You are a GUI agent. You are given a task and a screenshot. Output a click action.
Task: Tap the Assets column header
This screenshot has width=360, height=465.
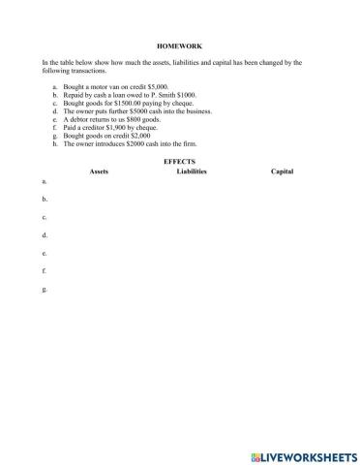pyautogui.click(x=99, y=170)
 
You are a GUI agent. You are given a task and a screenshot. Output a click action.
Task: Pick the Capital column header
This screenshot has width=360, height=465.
pyautogui.click(x=282, y=170)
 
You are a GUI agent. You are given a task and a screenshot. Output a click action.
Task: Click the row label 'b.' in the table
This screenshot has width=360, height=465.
pyautogui.click(x=45, y=199)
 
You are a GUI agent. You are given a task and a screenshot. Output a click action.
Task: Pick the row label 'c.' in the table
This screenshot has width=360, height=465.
pyautogui.click(x=45, y=217)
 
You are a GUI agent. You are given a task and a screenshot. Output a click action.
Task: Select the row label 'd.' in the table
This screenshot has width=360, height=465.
pyautogui.click(x=45, y=235)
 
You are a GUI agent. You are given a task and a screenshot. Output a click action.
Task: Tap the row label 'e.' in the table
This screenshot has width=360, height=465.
pyautogui.click(x=45, y=254)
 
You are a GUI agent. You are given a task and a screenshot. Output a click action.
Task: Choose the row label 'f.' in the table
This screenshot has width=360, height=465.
pyautogui.click(x=45, y=272)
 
